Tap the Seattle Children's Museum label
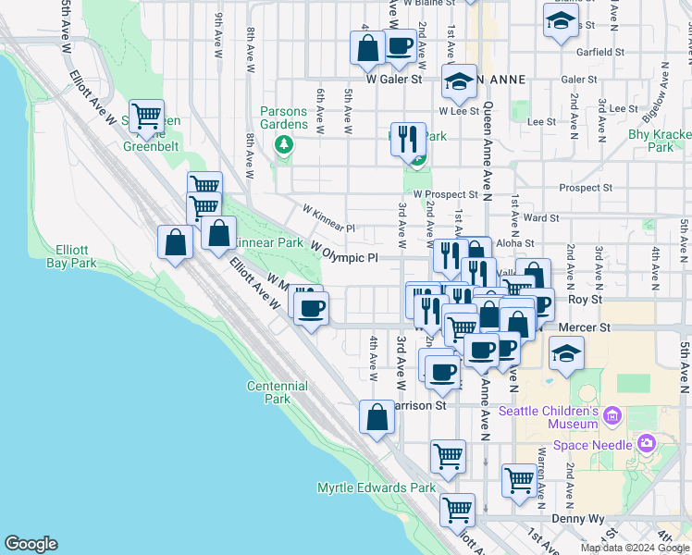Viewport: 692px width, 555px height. click(549, 417)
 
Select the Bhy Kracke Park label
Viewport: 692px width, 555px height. click(661, 141)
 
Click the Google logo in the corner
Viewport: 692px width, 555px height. click(31, 544)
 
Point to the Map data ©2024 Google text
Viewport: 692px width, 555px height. click(634, 548)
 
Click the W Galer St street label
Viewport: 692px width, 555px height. click(393, 80)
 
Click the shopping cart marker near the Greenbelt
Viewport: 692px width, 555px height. click(146, 117)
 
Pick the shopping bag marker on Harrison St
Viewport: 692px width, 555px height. click(377, 417)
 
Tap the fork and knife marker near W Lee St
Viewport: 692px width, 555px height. click(407, 140)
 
